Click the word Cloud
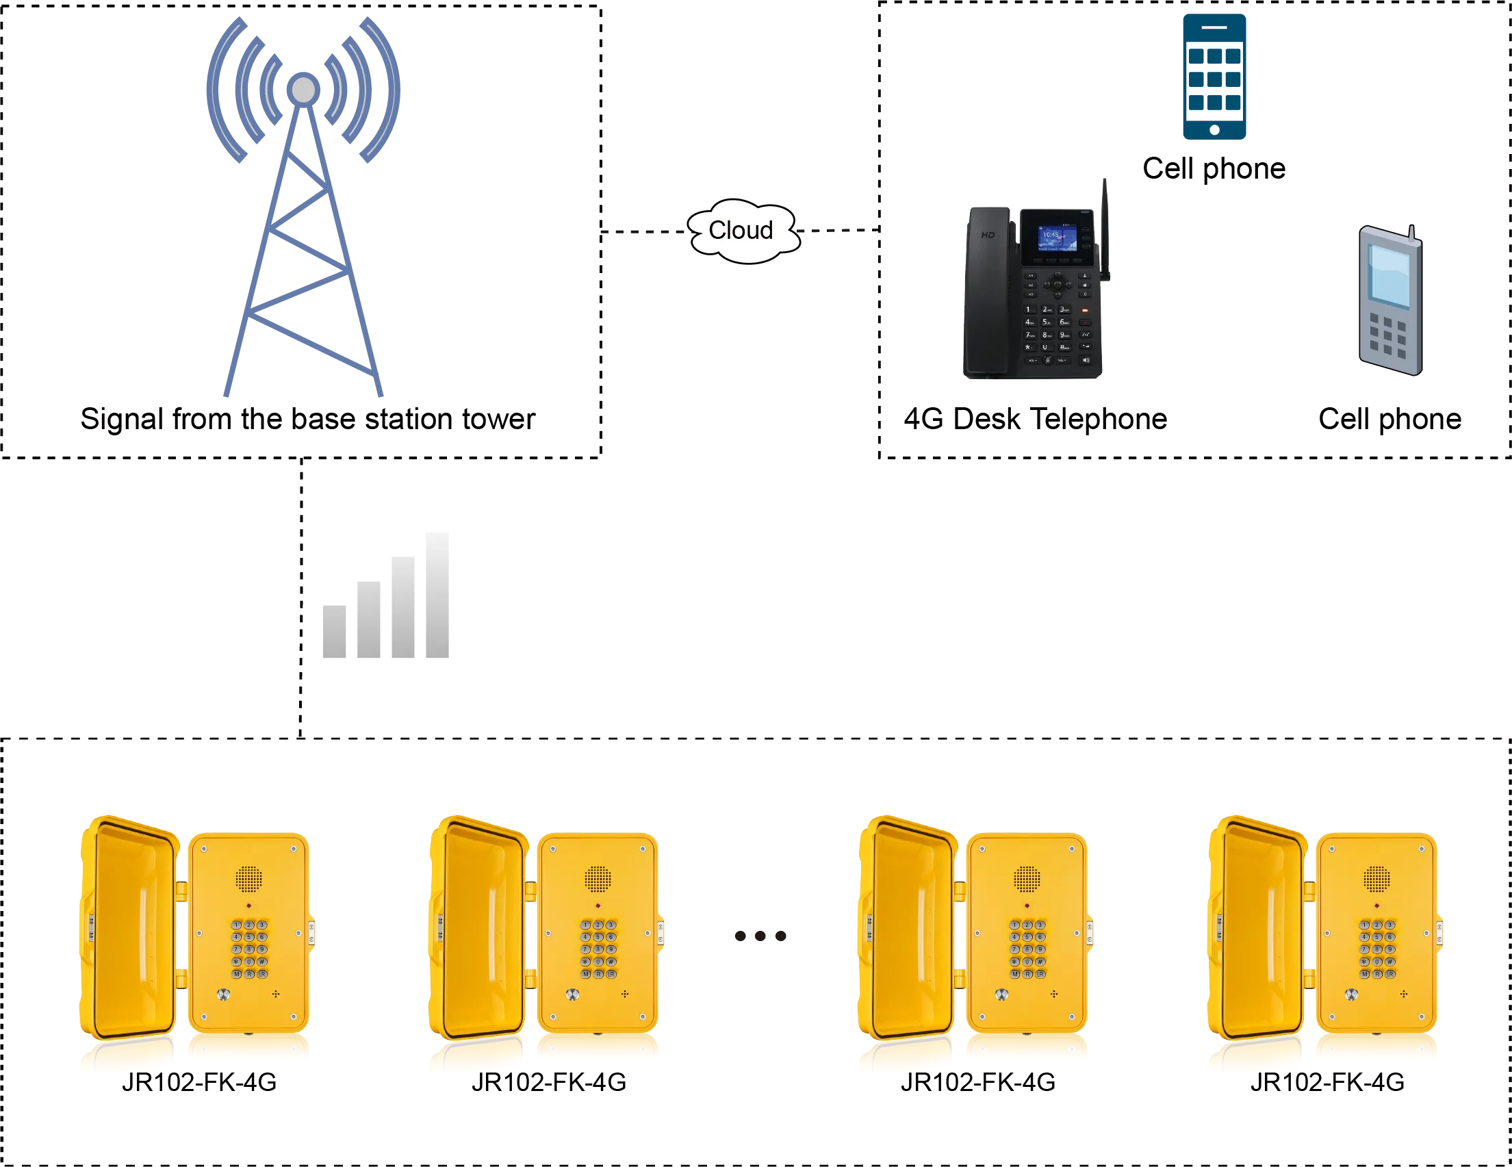pyautogui.click(x=740, y=231)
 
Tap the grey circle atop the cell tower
pyautogui.click(x=303, y=90)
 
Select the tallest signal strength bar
pyautogui.click(x=435, y=597)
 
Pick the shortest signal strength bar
pyautogui.click(x=337, y=632)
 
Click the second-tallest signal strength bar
pyautogui.click(x=402, y=608)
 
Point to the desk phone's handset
pyautogui.click(x=989, y=291)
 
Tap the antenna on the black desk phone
pyautogui.click(x=1105, y=229)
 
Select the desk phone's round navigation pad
pyautogui.click(x=1057, y=284)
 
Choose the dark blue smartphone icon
pyautogui.click(x=1215, y=76)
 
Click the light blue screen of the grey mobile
pyautogui.click(x=1389, y=275)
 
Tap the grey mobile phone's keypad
pyautogui.click(x=1388, y=337)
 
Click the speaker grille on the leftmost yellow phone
pyautogui.click(x=248, y=879)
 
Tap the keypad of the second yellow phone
pyautogui.click(x=598, y=949)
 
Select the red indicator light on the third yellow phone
pyautogui.click(x=1027, y=906)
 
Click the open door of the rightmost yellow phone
pyautogui.click(x=1257, y=927)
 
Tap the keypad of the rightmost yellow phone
pyautogui.click(x=1376, y=949)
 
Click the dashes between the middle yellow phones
pyautogui.click(x=760, y=936)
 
